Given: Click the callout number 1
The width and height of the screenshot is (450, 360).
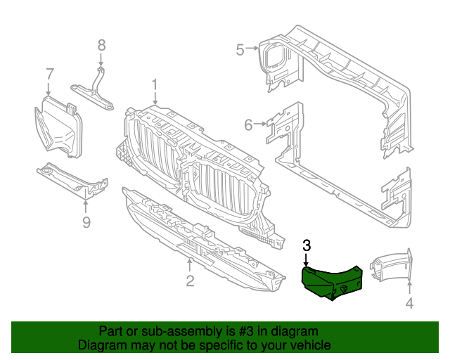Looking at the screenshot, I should [155, 85].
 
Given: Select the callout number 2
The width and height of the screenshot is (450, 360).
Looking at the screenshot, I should [190, 282].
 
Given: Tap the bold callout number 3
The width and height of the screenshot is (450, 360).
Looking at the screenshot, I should [307, 245].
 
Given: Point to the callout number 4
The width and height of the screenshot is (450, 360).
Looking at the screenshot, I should [409, 304].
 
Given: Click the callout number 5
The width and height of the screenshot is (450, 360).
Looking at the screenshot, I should [240, 49].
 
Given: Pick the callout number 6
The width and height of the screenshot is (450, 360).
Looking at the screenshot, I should [248, 125].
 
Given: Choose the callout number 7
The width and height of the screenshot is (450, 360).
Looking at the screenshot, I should [49, 73].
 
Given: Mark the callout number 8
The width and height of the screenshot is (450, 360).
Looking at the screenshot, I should [101, 45].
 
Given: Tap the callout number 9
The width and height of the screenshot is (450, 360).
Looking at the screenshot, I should [86, 223].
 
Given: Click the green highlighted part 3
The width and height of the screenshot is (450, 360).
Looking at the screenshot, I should [330, 282].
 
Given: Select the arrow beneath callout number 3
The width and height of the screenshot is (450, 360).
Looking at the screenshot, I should [307, 259].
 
